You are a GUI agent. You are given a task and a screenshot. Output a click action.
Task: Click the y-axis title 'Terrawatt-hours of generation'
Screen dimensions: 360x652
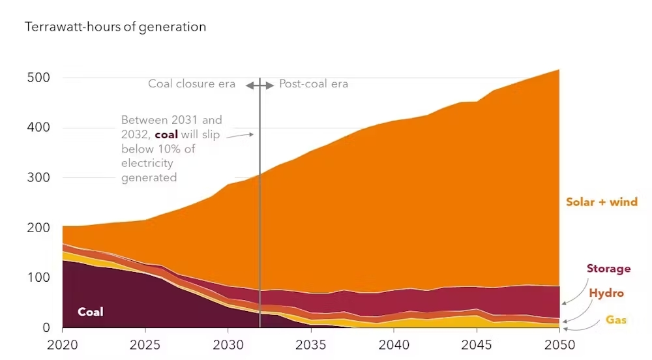pyautogui.click(x=115, y=27)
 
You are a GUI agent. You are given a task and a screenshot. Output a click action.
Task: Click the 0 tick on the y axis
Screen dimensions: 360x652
pyautogui.click(x=46, y=327)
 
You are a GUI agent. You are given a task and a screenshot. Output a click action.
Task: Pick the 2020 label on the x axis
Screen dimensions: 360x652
pyautogui.click(x=63, y=344)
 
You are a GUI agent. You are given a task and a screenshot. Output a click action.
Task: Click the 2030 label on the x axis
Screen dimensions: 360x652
pyautogui.click(x=228, y=344)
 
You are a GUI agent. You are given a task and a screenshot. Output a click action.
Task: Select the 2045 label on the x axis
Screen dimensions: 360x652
pyautogui.click(x=477, y=344)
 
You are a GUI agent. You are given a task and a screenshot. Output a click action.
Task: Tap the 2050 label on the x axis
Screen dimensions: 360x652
pyautogui.click(x=559, y=344)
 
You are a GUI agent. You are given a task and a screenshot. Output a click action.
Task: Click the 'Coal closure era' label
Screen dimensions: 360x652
pyautogui.click(x=192, y=83)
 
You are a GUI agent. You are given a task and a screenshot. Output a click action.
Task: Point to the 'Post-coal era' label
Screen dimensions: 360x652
pyautogui.click(x=314, y=83)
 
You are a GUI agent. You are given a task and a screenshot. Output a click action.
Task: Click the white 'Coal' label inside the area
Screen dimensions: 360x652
pyautogui.click(x=91, y=312)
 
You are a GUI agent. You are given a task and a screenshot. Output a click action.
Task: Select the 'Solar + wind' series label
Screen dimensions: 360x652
pyautogui.click(x=601, y=202)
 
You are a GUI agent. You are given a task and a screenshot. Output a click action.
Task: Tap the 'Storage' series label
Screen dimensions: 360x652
pyautogui.click(x=608, y=269)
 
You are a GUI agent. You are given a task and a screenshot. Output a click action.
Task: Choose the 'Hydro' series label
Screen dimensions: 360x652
pyautogui.click(x=606, y=293)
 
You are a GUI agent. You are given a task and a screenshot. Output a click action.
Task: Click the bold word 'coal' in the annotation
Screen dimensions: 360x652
pyautogui.click(x=166, y=134)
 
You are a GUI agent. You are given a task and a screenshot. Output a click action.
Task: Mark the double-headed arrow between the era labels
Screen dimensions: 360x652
pyautogui.click(x=260, y=85)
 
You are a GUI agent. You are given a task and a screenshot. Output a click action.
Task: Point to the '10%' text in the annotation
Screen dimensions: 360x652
pyautogui.click(x=183, y=149)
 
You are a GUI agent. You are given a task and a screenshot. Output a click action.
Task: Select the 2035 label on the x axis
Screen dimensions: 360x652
pyautogui.click(x=311, y=344)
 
